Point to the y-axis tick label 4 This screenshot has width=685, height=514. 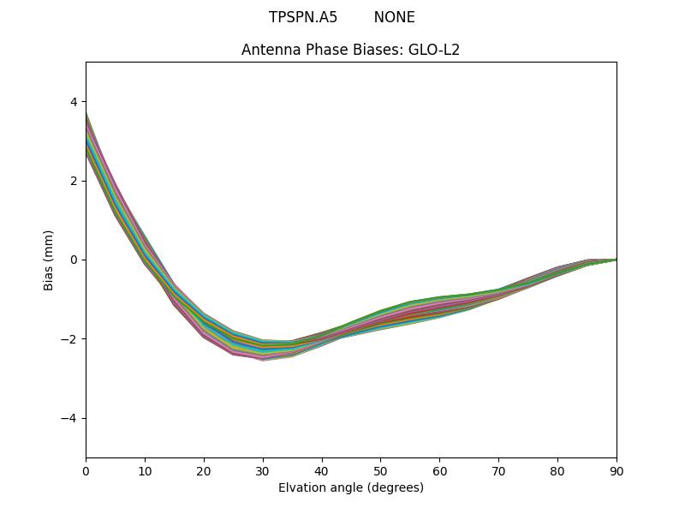click(x=74, y=102)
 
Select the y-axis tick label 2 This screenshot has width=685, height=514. click(x=74, y=181)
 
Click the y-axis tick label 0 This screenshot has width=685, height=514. click(x=74, y=260)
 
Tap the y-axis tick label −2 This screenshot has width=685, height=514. click(x=69, y=338)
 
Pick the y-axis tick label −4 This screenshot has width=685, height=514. click(x=69, y=418)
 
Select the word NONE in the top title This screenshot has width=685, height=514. click(x=394, y=17)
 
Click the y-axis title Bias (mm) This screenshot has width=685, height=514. click(x=49, y=260)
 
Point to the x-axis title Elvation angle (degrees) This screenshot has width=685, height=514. click(x=351, y=487)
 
